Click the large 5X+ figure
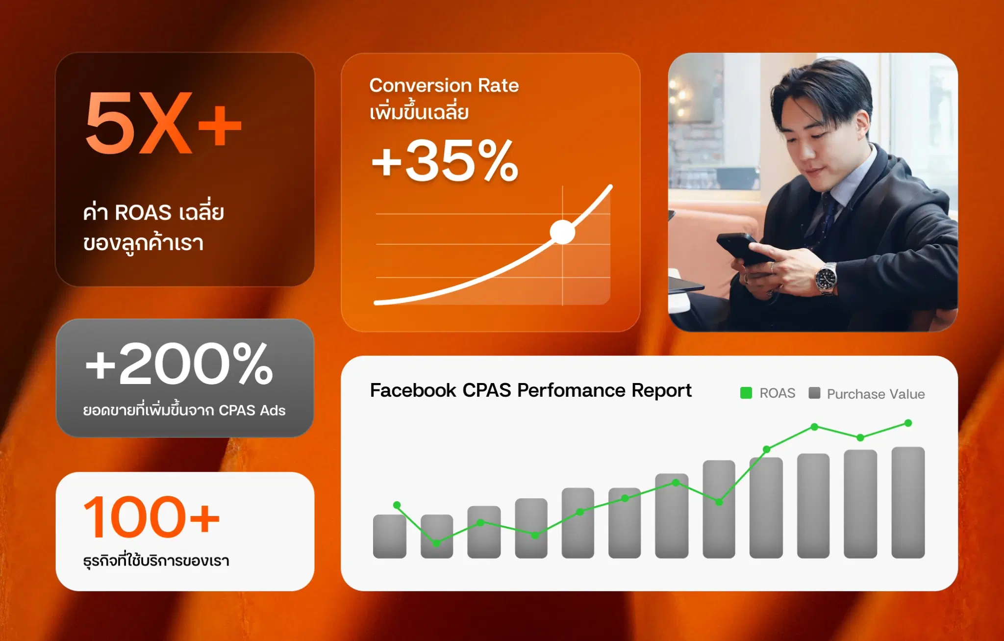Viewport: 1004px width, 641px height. click(x=164, y=123)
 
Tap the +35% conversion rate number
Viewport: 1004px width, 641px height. click(x=445, y=160)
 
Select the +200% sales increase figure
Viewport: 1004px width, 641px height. click(x=179, y=363)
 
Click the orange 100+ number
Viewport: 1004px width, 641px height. click(x=151, y=516)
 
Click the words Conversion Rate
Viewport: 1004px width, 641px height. click(x=444, y=85)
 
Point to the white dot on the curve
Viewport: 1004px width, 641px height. click(x=562, y=232)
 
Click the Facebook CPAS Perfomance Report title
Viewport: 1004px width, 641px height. click(x=530, y=390)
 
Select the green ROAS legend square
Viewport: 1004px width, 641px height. click(x=746, y=393)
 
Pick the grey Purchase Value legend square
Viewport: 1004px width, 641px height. click(x=814, y=393)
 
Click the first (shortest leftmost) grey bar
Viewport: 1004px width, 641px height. click(x=390, y=537)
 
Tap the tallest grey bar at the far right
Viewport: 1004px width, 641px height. click(x=908, y=503)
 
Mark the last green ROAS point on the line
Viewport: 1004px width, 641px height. click(x=908, y=423)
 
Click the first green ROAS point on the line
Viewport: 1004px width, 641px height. click(x=397, y=505)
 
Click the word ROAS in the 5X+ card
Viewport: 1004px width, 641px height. click(x=143, y=213)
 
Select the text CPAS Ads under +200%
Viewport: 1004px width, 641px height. click(x=252, y=410)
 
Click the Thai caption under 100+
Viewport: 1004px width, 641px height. click(x=156, y=560)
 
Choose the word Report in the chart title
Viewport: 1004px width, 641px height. click(x=661, y=391)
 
